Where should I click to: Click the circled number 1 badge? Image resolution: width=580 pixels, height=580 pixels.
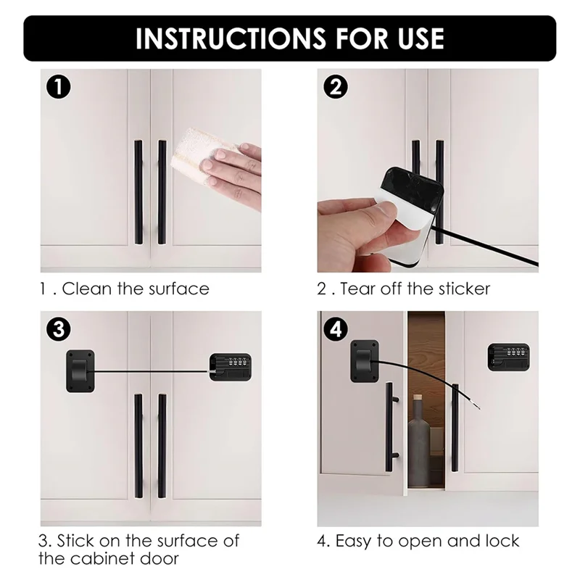pos(59,87)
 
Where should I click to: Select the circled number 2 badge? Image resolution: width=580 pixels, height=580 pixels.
pos(336,87)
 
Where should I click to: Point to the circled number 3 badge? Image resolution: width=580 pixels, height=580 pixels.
pos(59,329)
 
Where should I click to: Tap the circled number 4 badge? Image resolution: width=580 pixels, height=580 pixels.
pos(336,329)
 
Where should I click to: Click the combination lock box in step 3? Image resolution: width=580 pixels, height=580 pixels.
pos(231,367)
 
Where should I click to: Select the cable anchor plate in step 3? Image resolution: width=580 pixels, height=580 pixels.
pos(80,371)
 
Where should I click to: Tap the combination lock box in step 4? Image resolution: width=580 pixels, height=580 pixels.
pos(508,357)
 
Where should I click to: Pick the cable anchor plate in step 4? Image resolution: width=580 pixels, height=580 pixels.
pos(365,361)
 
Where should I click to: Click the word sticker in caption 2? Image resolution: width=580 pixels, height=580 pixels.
pos(464,289)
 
